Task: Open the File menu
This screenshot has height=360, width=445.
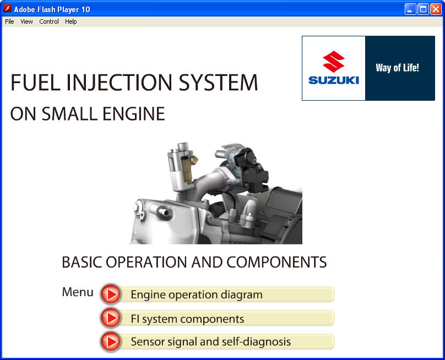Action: tap(9, 21)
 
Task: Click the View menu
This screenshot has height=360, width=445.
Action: tap(26, 21)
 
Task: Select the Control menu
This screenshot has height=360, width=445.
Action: tap(49, 21)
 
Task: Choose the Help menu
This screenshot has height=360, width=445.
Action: tap(70, 21)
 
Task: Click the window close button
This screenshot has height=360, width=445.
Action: tap(436, 9)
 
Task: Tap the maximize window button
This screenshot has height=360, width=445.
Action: tap(423, 9)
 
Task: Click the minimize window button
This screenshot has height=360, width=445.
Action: tap(410, 9)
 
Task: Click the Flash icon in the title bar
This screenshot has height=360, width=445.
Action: tap(7, 9)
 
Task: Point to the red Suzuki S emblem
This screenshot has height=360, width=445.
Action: tap(333, 62)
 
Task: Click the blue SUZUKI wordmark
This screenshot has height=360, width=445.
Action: tap(333, 80)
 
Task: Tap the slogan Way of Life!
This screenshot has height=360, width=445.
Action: tap(397, 68)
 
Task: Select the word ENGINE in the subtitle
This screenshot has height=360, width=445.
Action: tap(133, 114)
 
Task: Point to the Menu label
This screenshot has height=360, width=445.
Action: tap(78, 292)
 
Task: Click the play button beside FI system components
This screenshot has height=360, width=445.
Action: tap(111, 318)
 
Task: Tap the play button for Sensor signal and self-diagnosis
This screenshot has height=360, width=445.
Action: tap(111, 342)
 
